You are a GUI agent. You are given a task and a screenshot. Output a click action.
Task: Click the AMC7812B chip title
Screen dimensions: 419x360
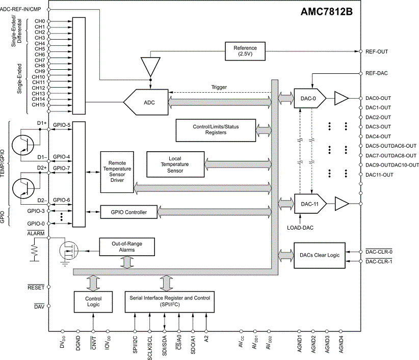pos(326,12)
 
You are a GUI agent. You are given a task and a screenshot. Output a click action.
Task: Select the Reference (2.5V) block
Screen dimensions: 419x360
pos(245,51)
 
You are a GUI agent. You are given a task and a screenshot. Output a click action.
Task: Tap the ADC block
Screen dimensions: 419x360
pos(146,102)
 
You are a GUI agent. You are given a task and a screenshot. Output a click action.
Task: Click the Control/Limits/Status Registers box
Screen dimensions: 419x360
pos(216,130)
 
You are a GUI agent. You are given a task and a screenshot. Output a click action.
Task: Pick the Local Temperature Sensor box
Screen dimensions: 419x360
pos(175,164)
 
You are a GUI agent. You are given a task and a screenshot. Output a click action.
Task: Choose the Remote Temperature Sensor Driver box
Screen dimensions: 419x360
pos(117,172)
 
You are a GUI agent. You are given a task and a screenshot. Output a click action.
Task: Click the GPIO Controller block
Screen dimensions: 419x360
pos(129,212)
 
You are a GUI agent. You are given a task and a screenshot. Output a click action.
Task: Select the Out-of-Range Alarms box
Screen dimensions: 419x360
pos(127,247)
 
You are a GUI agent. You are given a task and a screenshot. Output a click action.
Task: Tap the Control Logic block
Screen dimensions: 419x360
pos(93,301)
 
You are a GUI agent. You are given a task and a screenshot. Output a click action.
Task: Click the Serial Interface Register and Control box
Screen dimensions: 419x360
pos(170,301)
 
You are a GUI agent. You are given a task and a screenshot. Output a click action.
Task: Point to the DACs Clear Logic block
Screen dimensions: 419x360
pos(320,256)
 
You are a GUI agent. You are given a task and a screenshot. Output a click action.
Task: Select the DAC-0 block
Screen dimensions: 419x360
pos(310,98)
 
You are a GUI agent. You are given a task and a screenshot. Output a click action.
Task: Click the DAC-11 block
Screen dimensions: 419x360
pos(310,204)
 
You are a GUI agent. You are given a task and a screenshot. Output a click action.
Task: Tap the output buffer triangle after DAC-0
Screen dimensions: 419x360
pos(341,98)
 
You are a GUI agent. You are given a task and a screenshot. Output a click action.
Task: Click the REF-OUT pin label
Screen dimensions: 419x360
pos(377,51)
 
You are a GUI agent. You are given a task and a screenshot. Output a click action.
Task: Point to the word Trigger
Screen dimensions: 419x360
pos(219,87)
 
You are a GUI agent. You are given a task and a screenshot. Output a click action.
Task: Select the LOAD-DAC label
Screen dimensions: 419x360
pos(300,228)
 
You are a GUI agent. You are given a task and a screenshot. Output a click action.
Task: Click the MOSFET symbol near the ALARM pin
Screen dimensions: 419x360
pos(68,251)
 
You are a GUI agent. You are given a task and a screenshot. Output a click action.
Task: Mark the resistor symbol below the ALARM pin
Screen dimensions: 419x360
pos(34,250)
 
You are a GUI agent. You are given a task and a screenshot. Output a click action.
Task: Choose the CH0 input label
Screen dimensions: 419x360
pos(40,21)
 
